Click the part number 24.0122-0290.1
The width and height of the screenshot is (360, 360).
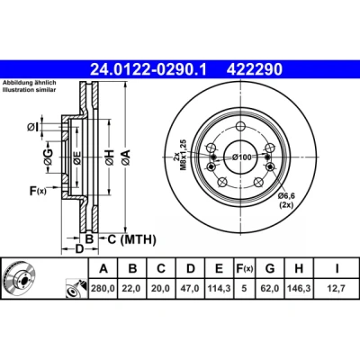(x=148, y=69)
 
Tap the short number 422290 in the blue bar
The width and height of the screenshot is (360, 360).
(x=255, y=69)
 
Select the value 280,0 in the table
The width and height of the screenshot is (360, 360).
(x=103, y=288)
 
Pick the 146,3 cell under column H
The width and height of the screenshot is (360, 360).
(x=299, y=288)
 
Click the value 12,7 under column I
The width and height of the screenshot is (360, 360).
(x=337, y=288)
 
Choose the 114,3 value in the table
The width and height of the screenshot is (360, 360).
(x=220, y=288)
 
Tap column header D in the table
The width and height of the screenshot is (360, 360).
(x=191, y=268)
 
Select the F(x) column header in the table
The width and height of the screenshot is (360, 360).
(x=244, y=268)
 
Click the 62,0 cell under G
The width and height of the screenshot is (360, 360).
(x=270, y=288)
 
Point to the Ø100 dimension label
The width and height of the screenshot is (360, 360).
(x=242, y=157)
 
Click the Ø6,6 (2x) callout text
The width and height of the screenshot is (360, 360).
(x=286, y=201)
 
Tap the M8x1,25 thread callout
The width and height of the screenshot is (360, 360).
(x=180, y=155)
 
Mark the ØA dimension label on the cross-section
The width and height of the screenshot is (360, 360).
(x=126, y=157)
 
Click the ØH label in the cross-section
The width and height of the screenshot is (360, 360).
(x=110, y=157)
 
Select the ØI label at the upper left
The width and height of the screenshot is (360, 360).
(x=32, y=127)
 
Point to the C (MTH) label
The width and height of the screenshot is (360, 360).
(x=131, y=239)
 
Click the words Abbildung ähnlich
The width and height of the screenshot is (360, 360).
(x=30, y=83)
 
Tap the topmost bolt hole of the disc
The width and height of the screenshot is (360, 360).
(x=240, y=126)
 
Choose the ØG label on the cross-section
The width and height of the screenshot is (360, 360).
(x=49, y=157)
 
